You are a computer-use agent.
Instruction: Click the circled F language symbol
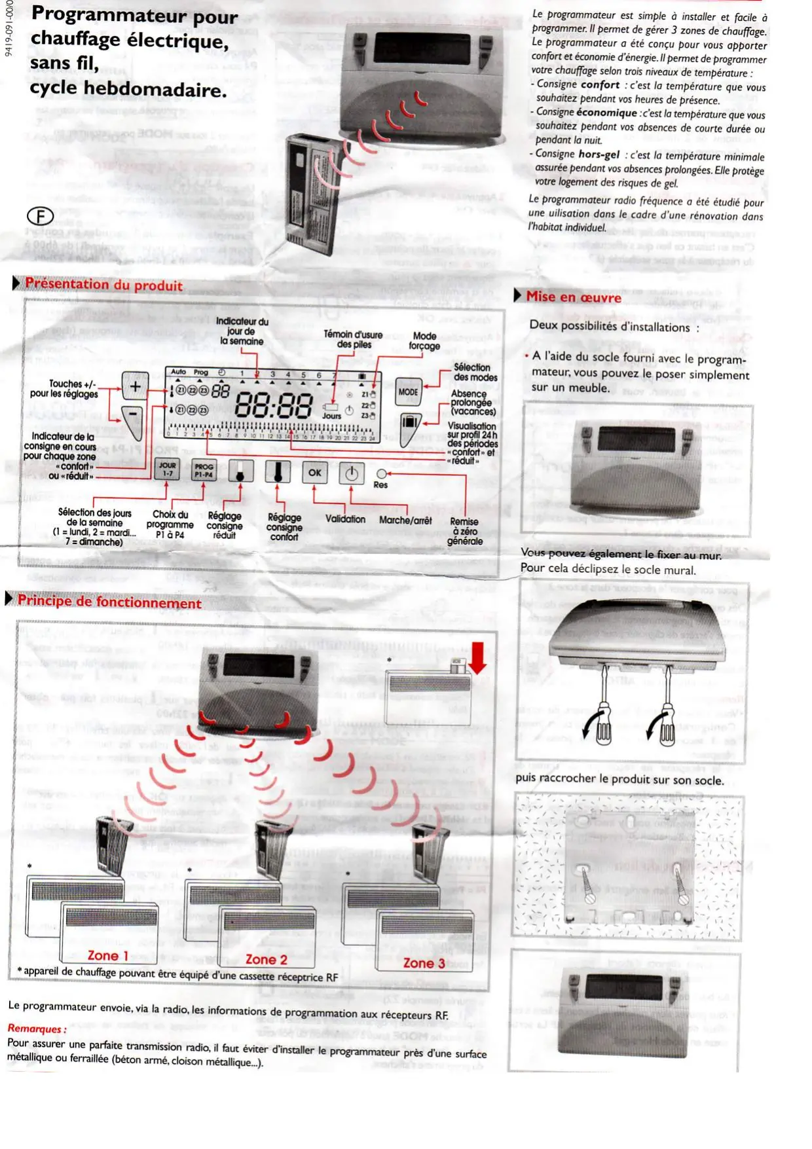40,216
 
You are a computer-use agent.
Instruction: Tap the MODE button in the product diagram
409,392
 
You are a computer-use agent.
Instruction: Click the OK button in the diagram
315,472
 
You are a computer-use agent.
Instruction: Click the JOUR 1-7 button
168,469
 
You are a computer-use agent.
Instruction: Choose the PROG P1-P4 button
204,470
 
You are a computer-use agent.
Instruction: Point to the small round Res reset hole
381,473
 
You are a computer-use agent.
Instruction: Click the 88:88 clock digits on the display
273,405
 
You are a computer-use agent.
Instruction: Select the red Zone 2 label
266,959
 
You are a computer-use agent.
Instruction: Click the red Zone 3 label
424,962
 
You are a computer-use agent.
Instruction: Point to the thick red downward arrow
477,658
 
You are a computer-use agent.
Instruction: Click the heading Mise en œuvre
574,297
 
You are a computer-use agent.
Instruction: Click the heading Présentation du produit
103,285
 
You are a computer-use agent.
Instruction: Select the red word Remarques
37,1029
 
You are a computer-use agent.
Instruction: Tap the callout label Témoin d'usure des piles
353,339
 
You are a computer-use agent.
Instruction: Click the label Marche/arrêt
405,520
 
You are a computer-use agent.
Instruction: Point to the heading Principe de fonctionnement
109,602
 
